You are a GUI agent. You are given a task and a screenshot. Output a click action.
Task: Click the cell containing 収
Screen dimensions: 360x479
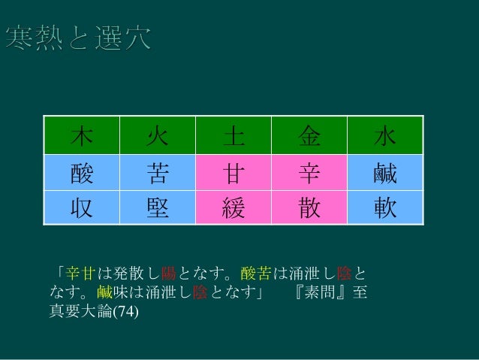tap(81, 207)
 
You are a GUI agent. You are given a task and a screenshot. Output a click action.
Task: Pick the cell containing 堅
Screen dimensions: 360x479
tap(158, 207)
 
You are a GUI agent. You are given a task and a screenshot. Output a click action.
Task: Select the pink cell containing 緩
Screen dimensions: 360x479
tap(233, 207)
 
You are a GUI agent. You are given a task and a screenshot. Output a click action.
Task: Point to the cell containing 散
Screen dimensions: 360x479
tap(310, 207)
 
